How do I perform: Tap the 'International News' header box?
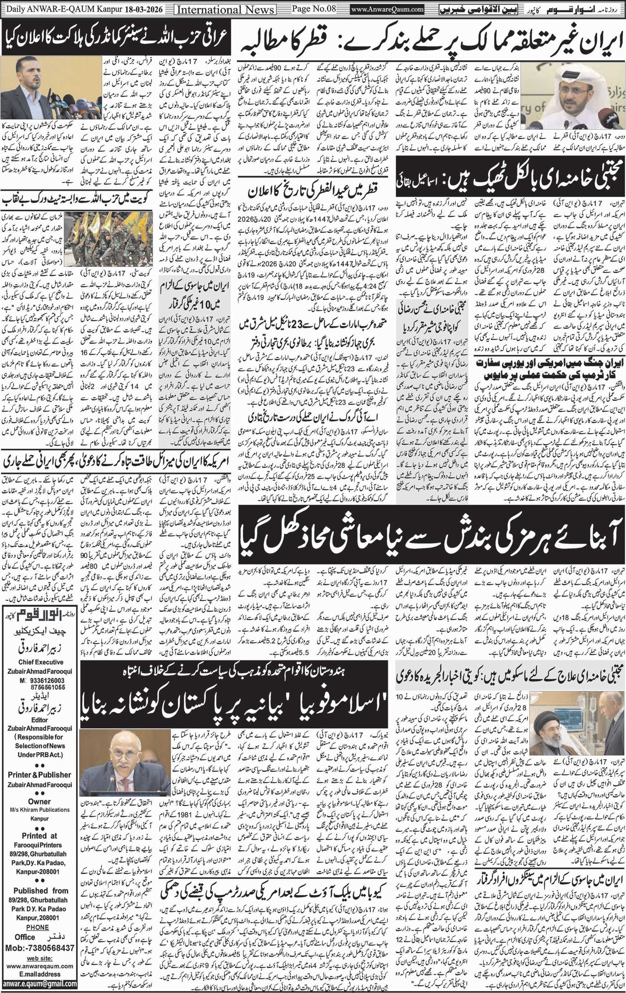coord(225,9)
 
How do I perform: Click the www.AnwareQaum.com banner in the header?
coord(387,9)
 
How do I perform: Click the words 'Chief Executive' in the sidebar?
coord(40,662)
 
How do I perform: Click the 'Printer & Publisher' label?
coord(40,775)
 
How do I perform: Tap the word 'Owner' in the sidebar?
coord(39,801)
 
